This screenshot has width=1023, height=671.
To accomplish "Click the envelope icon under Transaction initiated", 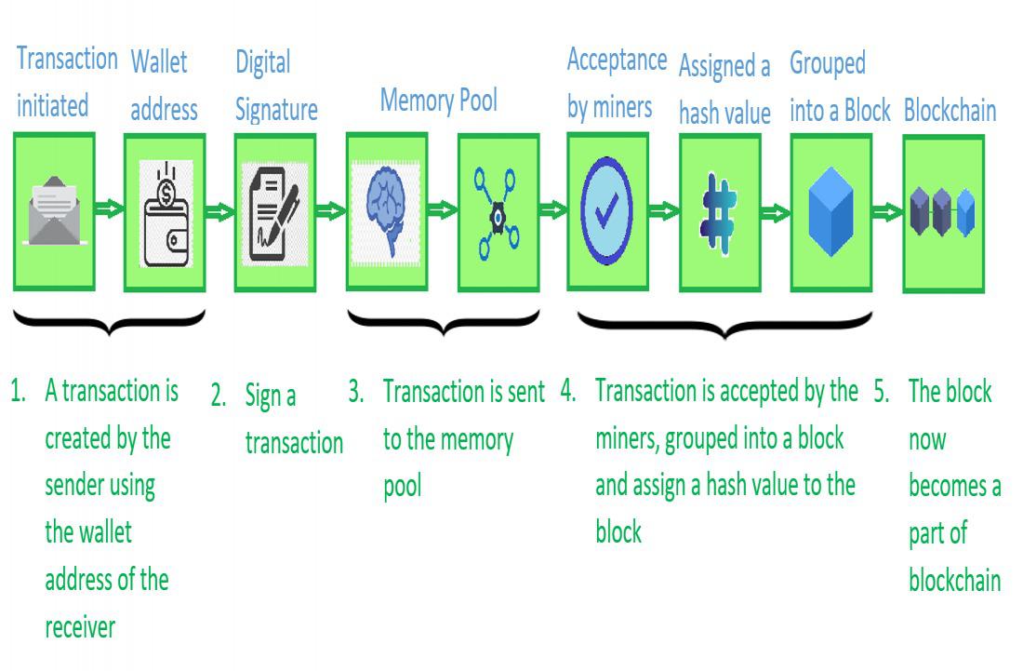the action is pyautogui.click(x=54, y=211).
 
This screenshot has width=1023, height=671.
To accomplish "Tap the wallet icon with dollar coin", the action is pyautogui.click(x=166, y=213).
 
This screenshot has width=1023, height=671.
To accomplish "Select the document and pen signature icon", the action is pyautogui.click(x=274, y=214).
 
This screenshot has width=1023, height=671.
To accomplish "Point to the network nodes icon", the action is pyautogui.click(x=498, y=213).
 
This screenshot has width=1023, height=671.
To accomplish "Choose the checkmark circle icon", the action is pyautogui.click(x=606, y=211).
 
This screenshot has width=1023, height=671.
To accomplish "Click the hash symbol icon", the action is pyautogui.click(x=718, y=213).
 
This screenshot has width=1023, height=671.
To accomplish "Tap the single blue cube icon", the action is pyautogui.click(x=830, y=211).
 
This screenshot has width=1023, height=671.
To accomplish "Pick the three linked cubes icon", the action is pyautogui.click(x=942, y=211).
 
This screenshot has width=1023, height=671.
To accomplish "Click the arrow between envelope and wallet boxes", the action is pyautogui.click(x=109, y=208).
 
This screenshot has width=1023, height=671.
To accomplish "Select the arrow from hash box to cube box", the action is pyautogui.click(x=775, y=213).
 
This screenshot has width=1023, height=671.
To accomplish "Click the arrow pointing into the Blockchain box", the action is pyautogui.click(x=887, y=212).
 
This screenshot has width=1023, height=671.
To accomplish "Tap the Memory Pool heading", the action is pyautogui.click(x=438, y=101).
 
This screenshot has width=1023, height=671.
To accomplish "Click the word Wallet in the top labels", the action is pyautogui.click(x=158, y=62).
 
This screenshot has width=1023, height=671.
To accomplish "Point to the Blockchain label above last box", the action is pyautogui.click(x=950, y=111).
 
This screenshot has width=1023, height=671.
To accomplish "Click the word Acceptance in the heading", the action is pyautogui.click(x=617, y=60).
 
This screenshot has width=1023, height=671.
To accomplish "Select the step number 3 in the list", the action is pyautogui.click(x=355, y=392).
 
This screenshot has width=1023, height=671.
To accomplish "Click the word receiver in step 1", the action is pyautogui.click(x=80, y=627).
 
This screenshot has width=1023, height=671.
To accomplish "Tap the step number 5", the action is pyautogui.click(x=882, y=392).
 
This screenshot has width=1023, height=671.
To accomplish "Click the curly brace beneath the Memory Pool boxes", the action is pyautogui.click(x=444, y=322).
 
